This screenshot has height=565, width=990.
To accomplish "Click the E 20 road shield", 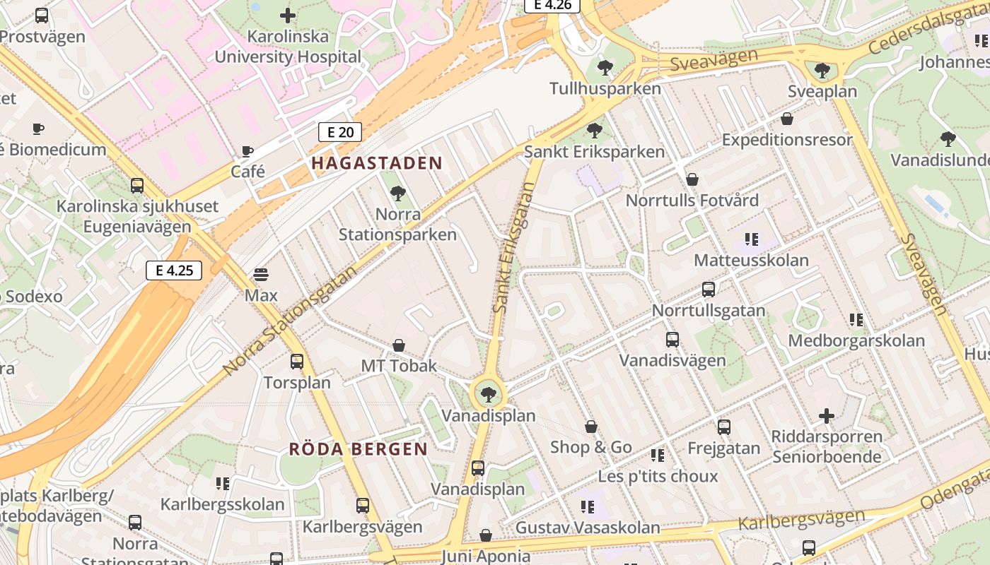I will click(x=340, y=132).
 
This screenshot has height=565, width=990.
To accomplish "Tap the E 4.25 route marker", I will click(x=174, y=270).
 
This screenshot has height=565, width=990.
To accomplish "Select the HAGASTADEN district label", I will click(x=377, y=163).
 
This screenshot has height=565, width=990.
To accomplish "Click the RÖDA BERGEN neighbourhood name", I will click(x=359, y=449).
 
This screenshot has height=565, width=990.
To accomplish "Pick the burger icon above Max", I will click(x=261, y=274).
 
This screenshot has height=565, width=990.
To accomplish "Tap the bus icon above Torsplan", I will click(x=297, y=362).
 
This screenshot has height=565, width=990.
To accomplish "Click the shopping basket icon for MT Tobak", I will click(x=399, y=345).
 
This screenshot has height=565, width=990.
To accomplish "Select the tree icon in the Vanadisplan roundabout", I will click(x=487, y=394).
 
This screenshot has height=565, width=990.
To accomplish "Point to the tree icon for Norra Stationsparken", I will click(x=398, y=193).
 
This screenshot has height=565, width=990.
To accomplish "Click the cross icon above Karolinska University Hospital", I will click(x=288, y=15).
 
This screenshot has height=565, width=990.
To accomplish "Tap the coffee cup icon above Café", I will click(x=248, y=151).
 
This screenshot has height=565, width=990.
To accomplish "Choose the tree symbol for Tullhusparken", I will click(x=605, y=68).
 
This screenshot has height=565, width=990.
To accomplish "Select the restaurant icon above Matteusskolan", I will click(x=751, y=239).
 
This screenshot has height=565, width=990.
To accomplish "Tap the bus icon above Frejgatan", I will click(x=724, y=427).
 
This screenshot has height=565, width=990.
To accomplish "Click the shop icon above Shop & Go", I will click(x=591, y=427).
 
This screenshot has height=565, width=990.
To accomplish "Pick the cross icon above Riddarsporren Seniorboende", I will click(x=827, y=416).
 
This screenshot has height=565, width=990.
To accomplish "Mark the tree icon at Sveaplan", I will click(x=822, y=71).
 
